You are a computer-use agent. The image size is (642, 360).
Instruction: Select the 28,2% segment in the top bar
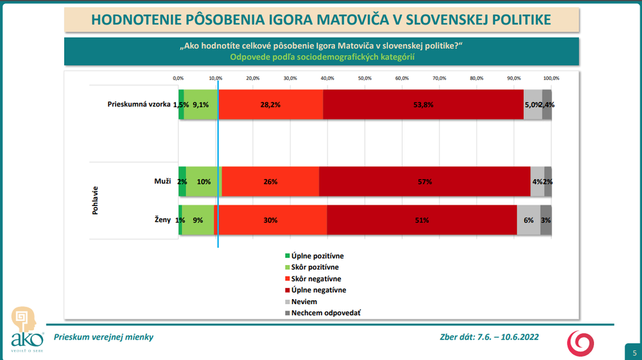coord(270,105)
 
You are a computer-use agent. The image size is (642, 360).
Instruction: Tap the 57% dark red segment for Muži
coord(424,182)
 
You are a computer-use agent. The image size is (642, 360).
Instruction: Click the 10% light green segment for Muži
coord(204,182)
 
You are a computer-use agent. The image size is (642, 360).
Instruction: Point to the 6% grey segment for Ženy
coord(528,220)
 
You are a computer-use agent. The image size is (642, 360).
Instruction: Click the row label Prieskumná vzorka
coord(139,105)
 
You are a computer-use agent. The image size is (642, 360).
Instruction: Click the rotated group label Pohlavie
coord(96,201)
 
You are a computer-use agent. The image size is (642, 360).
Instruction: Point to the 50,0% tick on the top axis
coord(365,78)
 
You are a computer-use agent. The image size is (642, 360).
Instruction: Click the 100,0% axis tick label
coord(551,78)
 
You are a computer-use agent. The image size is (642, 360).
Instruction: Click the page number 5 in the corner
coord(634,352)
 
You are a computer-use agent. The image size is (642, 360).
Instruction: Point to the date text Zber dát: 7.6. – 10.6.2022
coord(489,337)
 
